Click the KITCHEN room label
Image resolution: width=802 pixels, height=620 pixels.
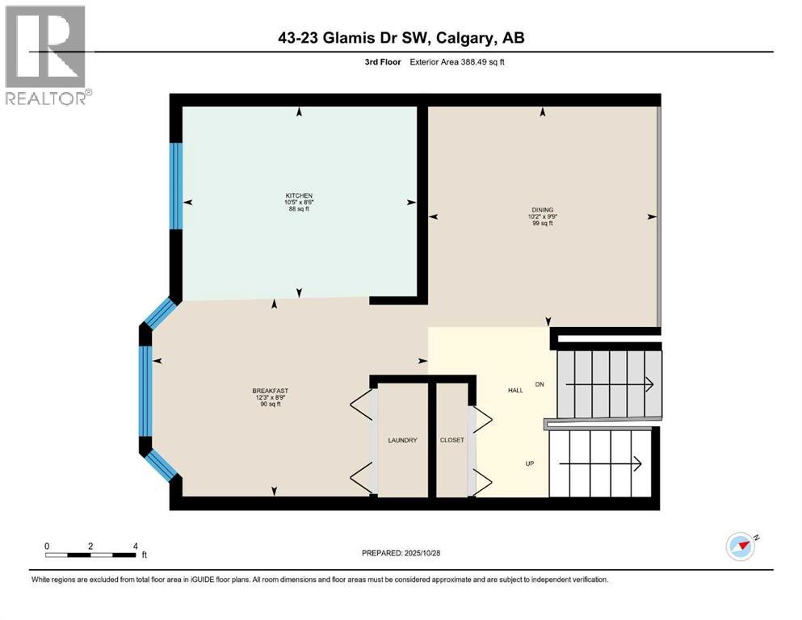(297, 195)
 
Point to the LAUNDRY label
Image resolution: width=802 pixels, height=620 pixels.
(402, 440)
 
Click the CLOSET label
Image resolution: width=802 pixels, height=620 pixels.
(451, 440)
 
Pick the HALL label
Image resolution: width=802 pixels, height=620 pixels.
(515, 390)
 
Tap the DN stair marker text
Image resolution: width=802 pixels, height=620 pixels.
(540, 384)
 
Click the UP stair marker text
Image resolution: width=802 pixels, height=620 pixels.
(530, 463)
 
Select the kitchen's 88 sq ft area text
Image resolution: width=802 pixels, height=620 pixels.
(297, 209)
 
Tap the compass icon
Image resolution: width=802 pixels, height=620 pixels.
(740, 547)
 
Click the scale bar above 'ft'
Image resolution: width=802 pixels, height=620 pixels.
(90, 555)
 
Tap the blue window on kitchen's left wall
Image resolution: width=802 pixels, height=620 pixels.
(175, 186)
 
